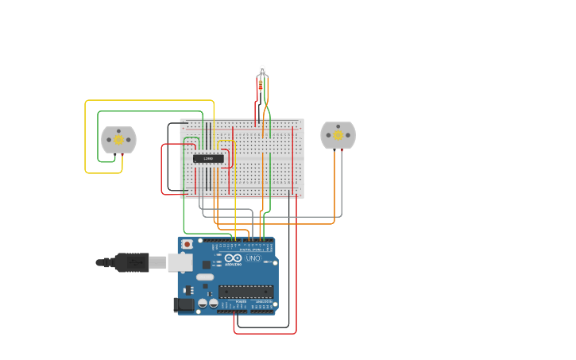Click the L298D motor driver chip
[x=208, y=158]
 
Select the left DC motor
[x=118, y=140]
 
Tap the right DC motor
[x=338, y=135]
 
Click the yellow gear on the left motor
[x=118, y=140]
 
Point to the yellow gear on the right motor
[x=338, y=135]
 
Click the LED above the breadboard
[x=262, y=72]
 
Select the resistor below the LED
[x=262, y=86]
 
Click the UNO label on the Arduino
[x=253, y=258]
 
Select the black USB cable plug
[x=131, y=262]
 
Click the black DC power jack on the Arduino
[x=184, y=304]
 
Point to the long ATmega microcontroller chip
[x=246, y=292]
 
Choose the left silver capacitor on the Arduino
[x=203, y=304]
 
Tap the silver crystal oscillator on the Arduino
[x=205, y=277]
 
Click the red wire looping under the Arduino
[x=266, y=333]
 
